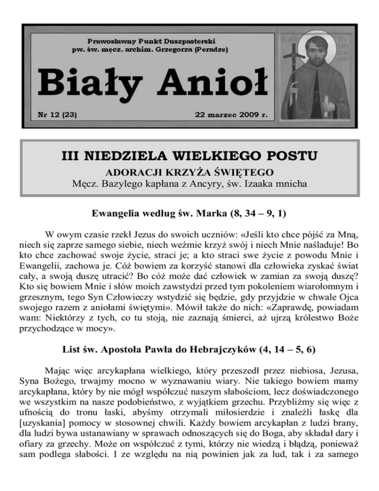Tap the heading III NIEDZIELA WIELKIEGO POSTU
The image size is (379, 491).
[x=189, y=157]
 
